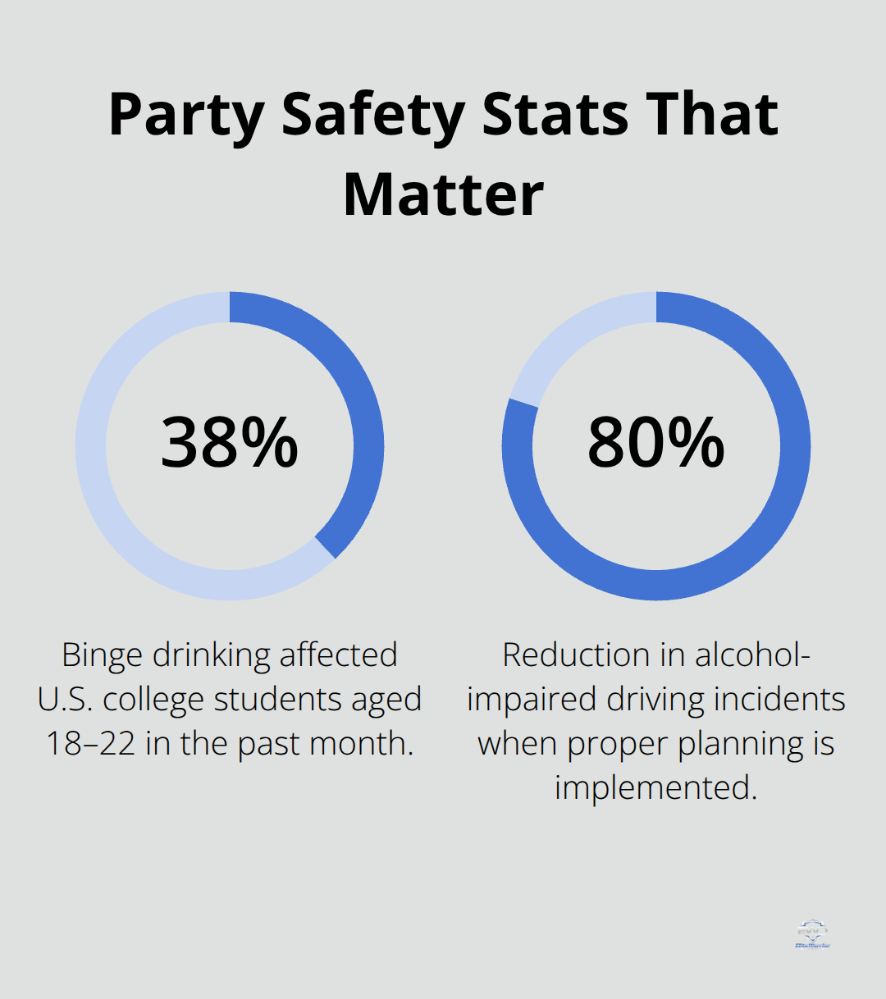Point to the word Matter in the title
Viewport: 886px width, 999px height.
coord(443,195)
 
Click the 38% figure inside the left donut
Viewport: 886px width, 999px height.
coord(230,443)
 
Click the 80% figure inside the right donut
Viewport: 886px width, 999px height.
coord(656,443)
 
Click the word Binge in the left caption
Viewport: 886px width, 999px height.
coord(102,655)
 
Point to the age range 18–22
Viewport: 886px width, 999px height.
coord(90,743)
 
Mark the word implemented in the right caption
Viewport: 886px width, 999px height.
coord(655,787)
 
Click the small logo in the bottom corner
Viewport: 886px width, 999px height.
coord(812,934)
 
